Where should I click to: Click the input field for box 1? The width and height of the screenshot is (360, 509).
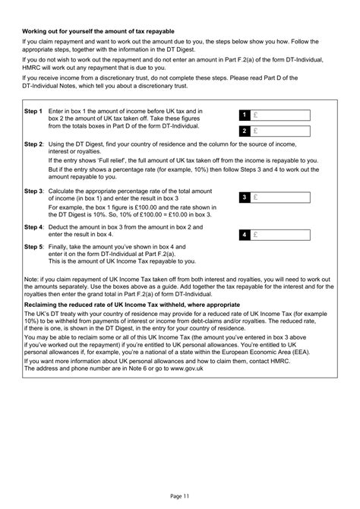pos(280,115)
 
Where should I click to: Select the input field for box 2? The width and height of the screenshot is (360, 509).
pos(280,131)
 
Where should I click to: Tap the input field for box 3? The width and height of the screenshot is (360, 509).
pos(280,198)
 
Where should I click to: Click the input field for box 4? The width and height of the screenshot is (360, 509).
pos(280,235)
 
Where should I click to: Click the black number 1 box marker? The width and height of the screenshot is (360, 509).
pos(245,115)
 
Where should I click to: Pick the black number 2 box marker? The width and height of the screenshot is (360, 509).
pos(245,131)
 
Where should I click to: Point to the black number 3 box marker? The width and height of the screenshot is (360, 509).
pos(245,198)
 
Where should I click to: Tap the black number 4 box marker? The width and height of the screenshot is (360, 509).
pos(245,235)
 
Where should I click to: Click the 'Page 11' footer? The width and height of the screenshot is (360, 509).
pos(179,495)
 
